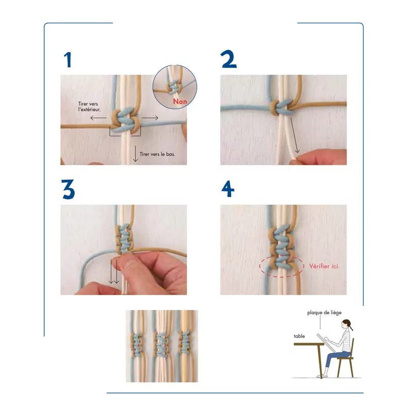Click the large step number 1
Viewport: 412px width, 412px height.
68,60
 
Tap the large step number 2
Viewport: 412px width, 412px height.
229,59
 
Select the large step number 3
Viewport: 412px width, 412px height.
68,189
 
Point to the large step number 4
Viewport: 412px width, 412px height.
228,189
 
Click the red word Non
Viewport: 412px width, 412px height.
180,101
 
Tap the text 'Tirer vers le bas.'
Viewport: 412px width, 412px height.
157,154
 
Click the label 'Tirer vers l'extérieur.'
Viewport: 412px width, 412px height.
89,107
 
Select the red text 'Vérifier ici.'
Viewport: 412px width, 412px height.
324,266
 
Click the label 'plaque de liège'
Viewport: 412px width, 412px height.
324,313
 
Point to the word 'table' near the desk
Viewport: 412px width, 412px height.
299,336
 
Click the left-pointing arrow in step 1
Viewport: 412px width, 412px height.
98,118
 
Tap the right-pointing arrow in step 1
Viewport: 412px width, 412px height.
150,118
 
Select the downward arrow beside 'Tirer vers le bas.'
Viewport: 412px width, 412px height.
135,153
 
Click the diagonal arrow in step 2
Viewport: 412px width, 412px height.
294,135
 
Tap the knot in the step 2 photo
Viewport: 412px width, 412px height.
281,107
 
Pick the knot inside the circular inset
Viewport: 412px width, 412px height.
173,87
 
